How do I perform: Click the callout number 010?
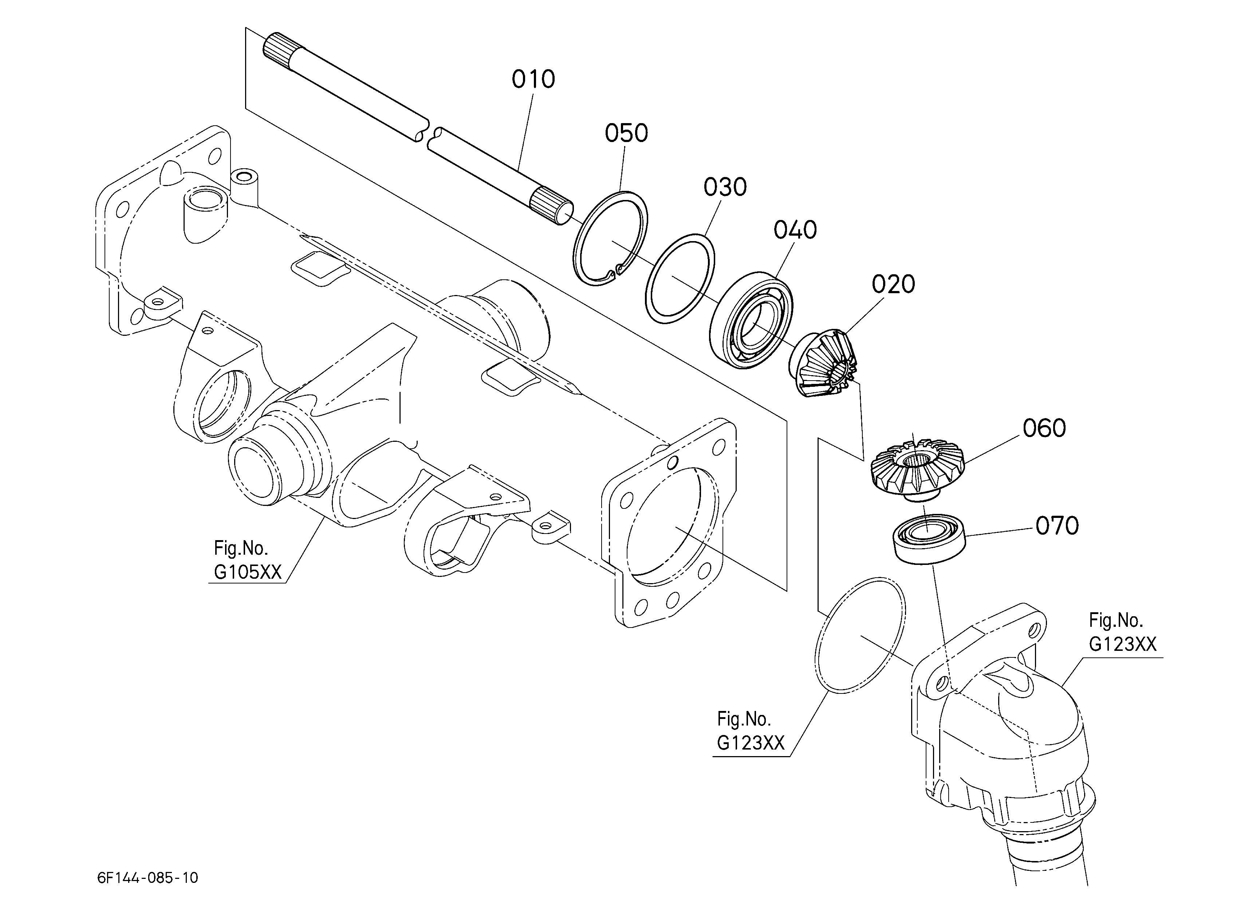(533, 79)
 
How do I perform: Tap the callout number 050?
(626, 133)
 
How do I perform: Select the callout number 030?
(725, 187)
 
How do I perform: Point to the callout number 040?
(795, 230)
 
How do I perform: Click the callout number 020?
(893, 284)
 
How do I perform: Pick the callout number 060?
(1044, 428)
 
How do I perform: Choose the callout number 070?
(1057, 526)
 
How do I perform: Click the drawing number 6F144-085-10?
(147, 878)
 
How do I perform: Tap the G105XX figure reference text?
(248, 572)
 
